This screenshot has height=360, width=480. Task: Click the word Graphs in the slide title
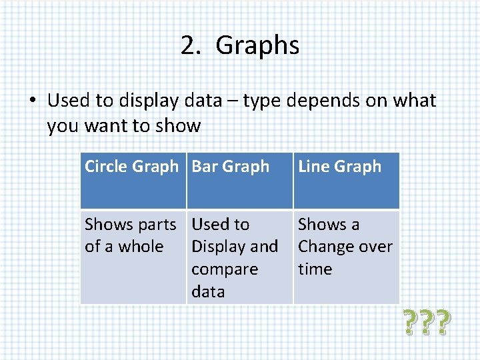(x=257, y=45)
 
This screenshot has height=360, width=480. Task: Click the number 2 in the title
(x=187, y=45)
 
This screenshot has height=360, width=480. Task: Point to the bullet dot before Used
(x=32, y=101)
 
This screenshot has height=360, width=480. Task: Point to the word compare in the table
(x=225, y=269)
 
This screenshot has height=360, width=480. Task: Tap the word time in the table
(x=315, y=269)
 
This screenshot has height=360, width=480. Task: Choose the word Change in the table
(x=327, y=247)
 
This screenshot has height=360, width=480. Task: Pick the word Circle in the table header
(x=105, y=167)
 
